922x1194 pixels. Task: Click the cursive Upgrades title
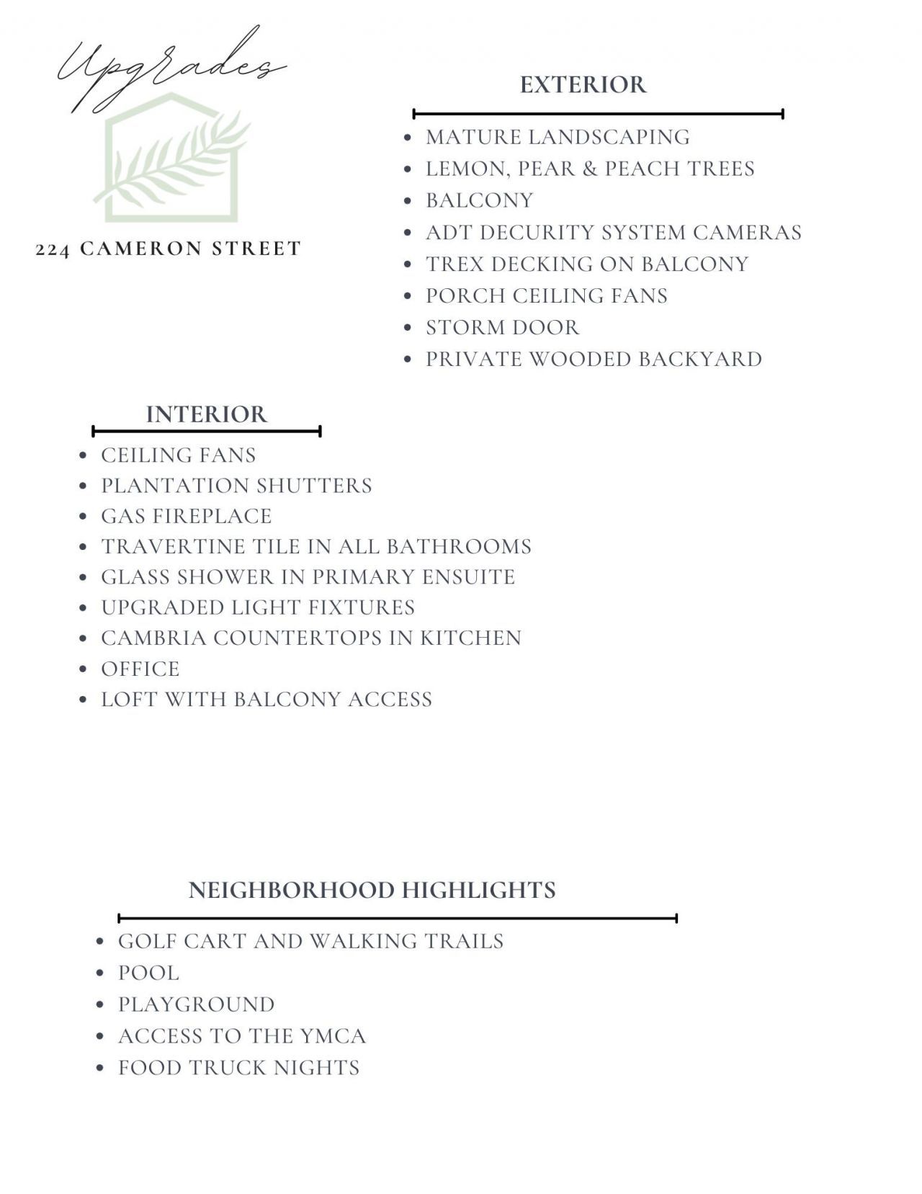[x=169, y=68]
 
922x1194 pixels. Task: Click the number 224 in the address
[x=53, y=249]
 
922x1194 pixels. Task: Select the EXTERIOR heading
[x=583, y=85]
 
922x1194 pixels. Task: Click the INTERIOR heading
[x=206, y=414]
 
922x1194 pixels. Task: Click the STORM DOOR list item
[x=502, y=327]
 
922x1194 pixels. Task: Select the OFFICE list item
[x=140, y=669]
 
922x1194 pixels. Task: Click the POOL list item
[x=148, y=973]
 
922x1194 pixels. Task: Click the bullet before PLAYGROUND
[x=101, y=1004]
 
